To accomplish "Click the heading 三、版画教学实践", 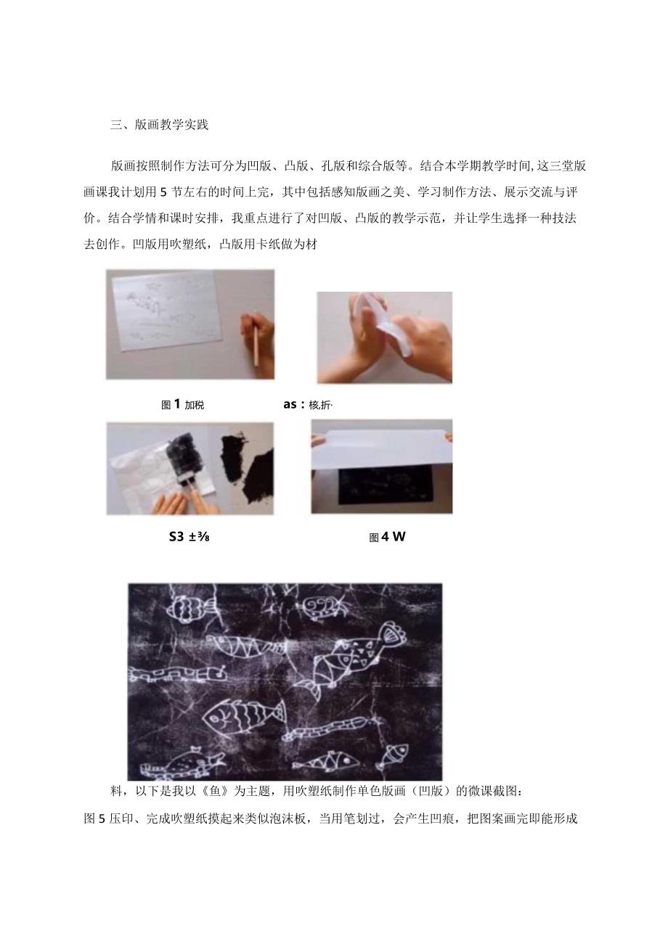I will (x=159, y=124).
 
